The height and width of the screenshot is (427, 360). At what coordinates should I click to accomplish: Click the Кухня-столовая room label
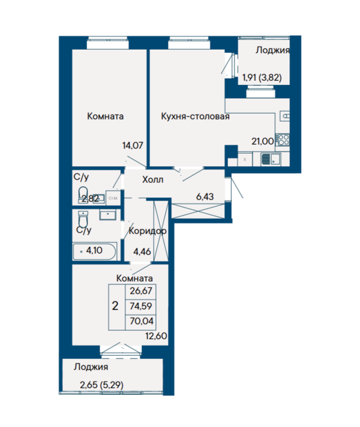[x=195, y=116]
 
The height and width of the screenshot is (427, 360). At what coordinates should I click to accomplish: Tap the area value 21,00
[x=262, y=141]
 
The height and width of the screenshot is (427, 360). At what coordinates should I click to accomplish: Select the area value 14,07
[x=132, y=145]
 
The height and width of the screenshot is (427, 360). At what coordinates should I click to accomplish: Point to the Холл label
[x=153, y=180]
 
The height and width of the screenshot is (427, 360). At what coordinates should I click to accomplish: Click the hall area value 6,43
[x=205, y=197]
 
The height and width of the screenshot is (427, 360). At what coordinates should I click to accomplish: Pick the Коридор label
[x=147, y=231]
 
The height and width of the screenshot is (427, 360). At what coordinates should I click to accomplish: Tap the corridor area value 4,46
[x=142, y=252]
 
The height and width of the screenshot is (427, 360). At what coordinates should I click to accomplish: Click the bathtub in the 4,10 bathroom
[x=94, y=251]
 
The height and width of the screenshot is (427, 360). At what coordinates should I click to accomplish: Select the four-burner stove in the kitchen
[x=282, y=140]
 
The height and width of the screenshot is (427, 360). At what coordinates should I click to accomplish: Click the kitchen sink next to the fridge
[x=271, y=159]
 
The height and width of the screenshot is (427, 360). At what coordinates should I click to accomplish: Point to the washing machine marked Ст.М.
[x=113, y=198]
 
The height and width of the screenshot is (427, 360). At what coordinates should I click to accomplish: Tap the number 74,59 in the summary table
[x=141, y=306]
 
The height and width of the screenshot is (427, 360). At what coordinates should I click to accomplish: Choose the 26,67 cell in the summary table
[x=141, y=291]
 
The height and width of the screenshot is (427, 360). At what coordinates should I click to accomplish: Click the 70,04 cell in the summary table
[x=141, y=321]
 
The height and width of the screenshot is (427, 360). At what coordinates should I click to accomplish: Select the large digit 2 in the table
[x=115, y=306]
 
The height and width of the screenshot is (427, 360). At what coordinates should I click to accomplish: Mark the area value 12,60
[x=156, y=336]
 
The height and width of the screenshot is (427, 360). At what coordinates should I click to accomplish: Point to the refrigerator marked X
[x=245, y=159]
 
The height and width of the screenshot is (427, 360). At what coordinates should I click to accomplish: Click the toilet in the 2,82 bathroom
[x=83, y=194]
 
